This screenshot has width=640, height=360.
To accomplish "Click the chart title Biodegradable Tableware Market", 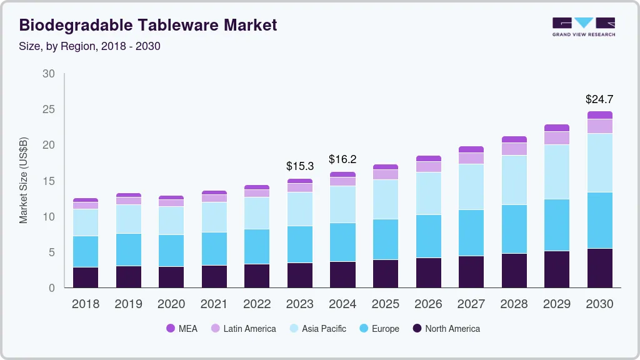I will point(148,25).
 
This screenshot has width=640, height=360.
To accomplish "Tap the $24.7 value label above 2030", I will point(599,99).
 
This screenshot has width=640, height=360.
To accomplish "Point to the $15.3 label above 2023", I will point(300,166).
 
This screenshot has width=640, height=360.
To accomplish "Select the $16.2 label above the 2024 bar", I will point(342,159).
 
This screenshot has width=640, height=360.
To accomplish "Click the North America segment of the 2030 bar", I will point(599,268).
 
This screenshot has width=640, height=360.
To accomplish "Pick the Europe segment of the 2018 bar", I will point(86,252).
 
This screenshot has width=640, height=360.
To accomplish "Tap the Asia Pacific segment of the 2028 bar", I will point(514,180).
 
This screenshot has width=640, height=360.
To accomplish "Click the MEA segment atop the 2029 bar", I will point(557,128).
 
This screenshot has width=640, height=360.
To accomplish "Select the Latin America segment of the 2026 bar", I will point(428,167).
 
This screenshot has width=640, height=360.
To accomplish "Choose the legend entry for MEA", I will point(182,329).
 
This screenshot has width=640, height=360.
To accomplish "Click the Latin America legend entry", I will point(243,329).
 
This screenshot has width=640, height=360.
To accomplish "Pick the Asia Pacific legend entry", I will point(317,329).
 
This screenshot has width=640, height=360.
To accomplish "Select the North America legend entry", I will point(446,329).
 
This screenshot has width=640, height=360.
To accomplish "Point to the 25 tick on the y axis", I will point(49,109).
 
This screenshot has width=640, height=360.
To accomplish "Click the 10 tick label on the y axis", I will point(49,217).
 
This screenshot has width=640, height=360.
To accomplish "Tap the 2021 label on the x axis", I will point(214,304).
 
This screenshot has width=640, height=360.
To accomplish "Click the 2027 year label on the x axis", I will point(471,304).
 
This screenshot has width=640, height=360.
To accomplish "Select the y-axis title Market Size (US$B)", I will point(24,181).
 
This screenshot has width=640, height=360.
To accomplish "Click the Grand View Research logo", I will point(584,26).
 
